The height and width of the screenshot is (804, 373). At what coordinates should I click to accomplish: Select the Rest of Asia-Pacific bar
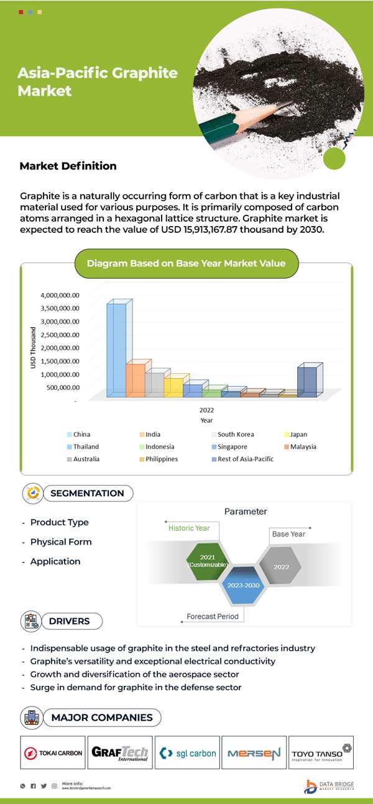click(x=307, y=380)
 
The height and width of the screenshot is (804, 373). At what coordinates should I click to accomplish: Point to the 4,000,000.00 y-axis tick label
click(x=60, y=295)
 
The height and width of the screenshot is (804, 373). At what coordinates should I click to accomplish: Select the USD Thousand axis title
click(x=34, y=348)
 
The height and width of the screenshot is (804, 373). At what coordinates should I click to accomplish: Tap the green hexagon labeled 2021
click(x=208, y=561)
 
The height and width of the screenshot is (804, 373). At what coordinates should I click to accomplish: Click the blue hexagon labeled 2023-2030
click(x=244, y=585)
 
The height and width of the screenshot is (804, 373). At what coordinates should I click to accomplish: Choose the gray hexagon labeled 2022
click(x=281, y=566)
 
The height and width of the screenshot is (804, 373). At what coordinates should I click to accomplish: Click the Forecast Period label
click(x=213, y=617)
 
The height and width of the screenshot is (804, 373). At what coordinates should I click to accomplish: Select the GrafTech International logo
click(x=120, y=753)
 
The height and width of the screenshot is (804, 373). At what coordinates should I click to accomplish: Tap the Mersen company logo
click(x=254, y=753)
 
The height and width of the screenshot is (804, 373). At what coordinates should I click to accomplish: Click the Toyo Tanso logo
click(x=321, y=753)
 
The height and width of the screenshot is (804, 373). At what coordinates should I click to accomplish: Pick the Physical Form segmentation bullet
click(x=60, y=542)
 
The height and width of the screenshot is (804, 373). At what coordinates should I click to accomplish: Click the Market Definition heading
click(x=68, y=166)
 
